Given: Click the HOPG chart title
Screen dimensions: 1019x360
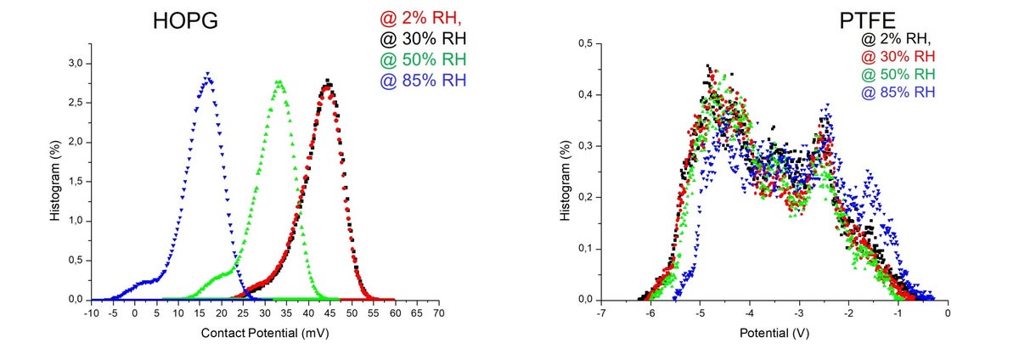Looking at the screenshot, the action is (x=185, y=21).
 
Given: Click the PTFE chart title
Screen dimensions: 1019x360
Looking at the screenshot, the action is (x=867, y=20).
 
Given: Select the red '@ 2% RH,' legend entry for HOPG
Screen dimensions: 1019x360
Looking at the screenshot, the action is (x=421, y=18).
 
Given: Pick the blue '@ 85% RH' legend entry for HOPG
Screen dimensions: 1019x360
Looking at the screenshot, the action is (x=423, y=81).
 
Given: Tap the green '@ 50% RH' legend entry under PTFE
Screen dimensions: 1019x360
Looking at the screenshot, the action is (x=898, y=74).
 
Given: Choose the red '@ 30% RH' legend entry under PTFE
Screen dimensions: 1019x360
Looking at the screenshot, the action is (x=898, y=56).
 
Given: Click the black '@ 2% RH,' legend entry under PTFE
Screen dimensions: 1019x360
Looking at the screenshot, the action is (x=896, y=39).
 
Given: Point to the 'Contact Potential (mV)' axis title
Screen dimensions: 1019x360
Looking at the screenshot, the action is (x=265, y=333).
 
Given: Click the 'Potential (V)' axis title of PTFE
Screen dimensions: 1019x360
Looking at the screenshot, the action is (x=774, y=333).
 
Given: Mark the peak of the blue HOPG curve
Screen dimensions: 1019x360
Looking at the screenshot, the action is (x=207, y=73).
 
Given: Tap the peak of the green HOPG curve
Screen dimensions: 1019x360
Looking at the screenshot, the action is (x=279, y=82).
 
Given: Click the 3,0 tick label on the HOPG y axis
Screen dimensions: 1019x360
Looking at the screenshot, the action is (x=76, y=64).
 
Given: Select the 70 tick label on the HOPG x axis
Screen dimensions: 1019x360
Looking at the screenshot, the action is (x=438, y=313).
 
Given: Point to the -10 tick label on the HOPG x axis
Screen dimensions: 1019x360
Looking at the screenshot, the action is (x=91, y=313).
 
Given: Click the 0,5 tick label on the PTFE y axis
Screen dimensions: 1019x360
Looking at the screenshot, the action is (x=585, y=43).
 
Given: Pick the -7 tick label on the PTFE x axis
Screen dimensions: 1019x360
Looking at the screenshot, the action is (x=601, y=313).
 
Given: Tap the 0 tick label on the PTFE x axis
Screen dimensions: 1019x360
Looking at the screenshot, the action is (x=948, y=313).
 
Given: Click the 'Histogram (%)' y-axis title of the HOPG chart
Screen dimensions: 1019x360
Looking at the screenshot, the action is (x=55, y=181).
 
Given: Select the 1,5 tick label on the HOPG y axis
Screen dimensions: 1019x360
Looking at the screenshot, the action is (x=76, y=182).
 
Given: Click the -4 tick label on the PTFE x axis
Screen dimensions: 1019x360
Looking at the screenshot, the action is (x=749, y=313).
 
